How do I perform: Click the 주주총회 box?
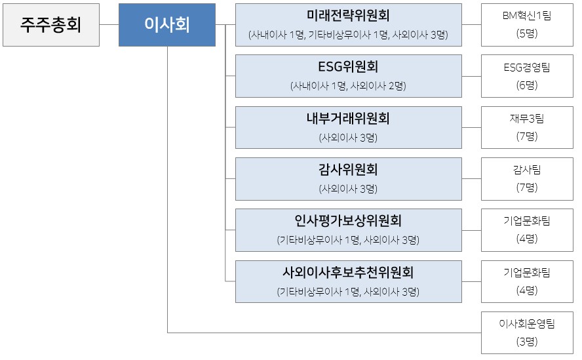[x=51, y=25]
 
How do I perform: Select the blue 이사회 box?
[x=167, y=25]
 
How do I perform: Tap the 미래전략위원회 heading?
[x=348, y=16]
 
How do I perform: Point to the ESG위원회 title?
[x=348, y=67]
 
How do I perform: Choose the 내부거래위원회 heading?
[x=348, y=119]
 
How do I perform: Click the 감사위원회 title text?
[x=348, y=170]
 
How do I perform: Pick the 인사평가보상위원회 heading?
[x=348, y=221]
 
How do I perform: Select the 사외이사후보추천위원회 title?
[x=348, y=273]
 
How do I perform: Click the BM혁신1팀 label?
[x=527, y=16]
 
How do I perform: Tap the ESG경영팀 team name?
[x=527, y=68]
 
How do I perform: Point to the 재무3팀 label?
[x=527, y=119]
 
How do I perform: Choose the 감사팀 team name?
[x=527, y=170]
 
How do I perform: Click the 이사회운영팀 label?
[x=527, y=324]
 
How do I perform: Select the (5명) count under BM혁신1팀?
[x=527, y=34]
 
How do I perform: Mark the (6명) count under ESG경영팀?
[x=527, y=85]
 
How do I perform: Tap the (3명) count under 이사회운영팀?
[x=527, y=342]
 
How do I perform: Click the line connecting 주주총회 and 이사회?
[x=109, y=24]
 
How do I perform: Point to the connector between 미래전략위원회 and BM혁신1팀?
[x=471, y=24]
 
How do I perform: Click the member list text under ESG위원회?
[x=348, y=86]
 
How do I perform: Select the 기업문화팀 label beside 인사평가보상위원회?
[x=527, y=221]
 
